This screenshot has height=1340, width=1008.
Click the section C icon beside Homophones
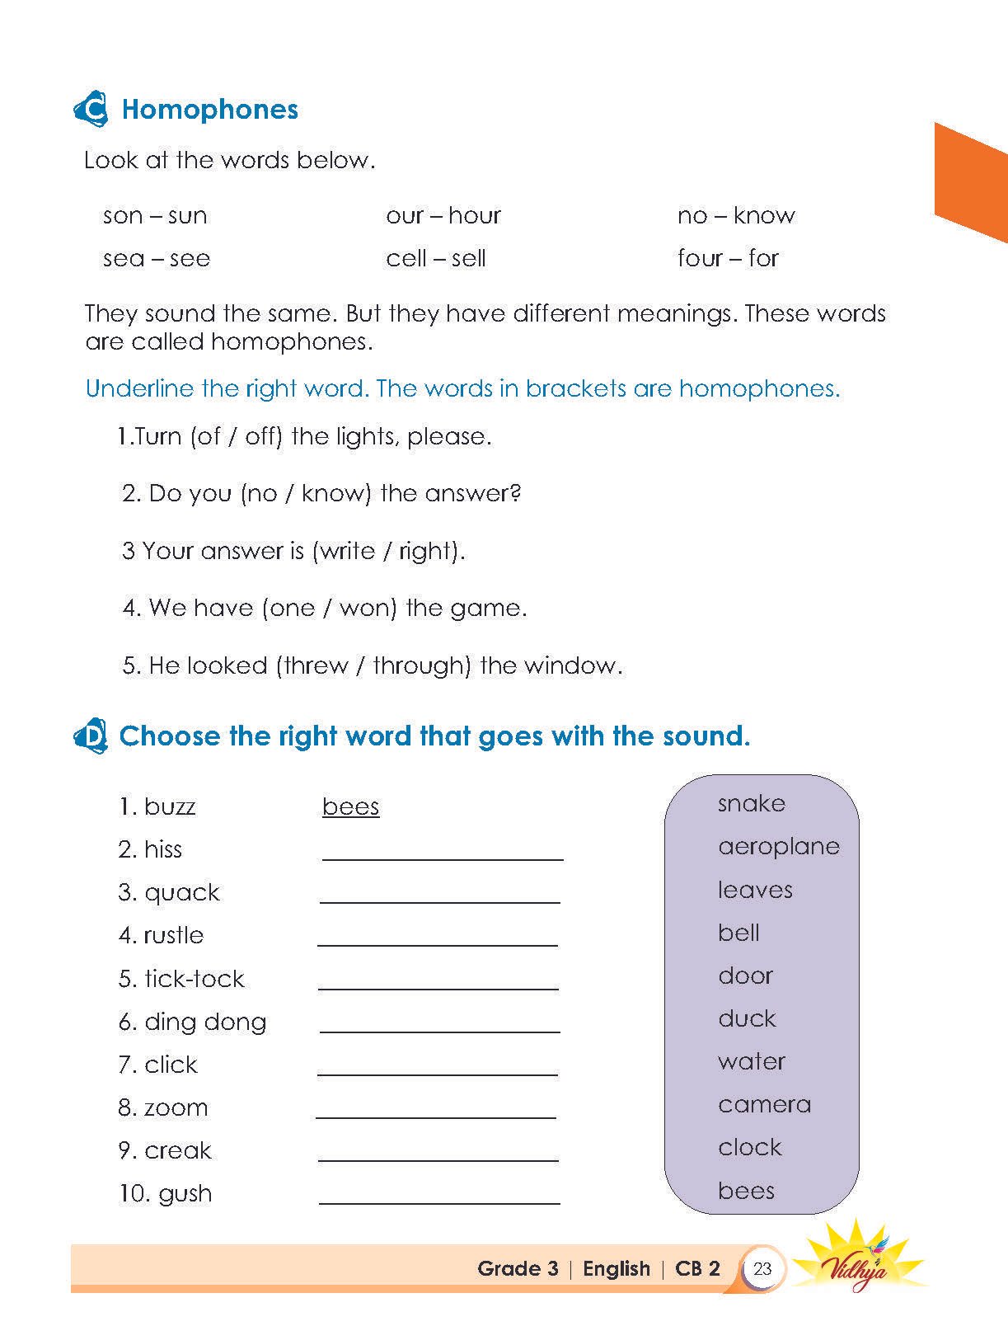[x=91, y=110]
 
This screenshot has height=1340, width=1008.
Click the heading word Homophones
[x=209, y=110]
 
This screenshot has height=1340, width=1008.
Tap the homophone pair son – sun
[x=155, y=216]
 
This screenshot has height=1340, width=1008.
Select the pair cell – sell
[x=435, y=259]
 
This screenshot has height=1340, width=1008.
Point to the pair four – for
[x=727, y=259]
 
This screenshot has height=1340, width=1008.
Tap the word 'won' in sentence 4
[x=365, y=609]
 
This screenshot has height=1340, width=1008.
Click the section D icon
[x=91, y=736]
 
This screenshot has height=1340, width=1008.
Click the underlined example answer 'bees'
[x=350, y=806]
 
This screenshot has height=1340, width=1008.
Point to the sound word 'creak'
[x=177, y=1151]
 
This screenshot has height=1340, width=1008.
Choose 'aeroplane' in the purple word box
[x=778, y=847]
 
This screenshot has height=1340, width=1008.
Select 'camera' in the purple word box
[x=764, y=1105]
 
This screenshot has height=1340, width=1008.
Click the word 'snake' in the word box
[x=751, y=804]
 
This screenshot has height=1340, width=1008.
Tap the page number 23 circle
[x=762, y=1268]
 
